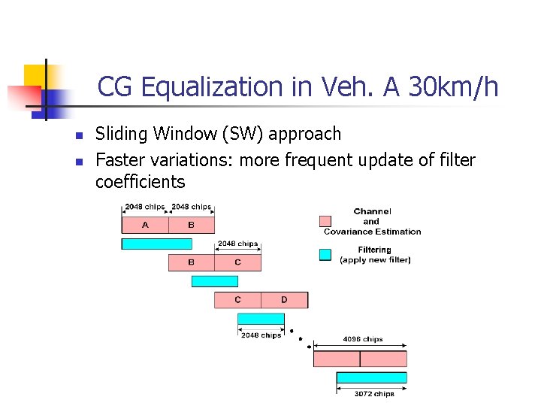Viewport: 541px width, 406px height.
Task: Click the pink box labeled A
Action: (145, 225)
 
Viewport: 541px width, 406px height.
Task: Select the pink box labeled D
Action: (284, 300)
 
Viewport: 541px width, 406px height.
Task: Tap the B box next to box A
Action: (192, 225)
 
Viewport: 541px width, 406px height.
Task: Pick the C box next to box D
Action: (237, 300)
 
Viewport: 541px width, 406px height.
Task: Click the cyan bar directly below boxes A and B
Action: (156, 244)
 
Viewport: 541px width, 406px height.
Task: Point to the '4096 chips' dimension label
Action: (363, 339)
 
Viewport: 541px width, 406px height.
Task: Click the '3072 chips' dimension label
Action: (374, 394)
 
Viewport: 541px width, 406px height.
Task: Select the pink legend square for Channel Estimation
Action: (325, 221)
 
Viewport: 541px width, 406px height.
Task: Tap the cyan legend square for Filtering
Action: (325, 255)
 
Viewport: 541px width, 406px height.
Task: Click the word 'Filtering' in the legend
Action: (374, 250)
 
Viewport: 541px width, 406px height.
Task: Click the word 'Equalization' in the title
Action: (196, 87)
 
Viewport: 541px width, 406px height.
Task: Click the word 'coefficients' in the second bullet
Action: (140, 182)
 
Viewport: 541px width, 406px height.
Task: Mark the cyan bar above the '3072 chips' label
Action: (371, 377)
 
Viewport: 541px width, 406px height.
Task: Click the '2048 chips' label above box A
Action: (144, 207)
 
